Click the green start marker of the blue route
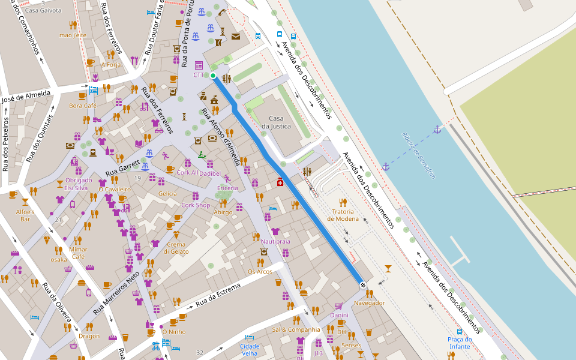pyautogui.click(x=213, y=75)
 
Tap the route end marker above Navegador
pyautogui.click(x=362, y=284)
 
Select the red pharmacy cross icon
pyautogui.click(x=280, y=182)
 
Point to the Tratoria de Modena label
pyautogui.click(x=343, y=215)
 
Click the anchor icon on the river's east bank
pyautogui.click(x=437, y=130)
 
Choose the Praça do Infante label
pyautogui.click(x=460, y=343)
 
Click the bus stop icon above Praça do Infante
pyautogui.click(x=460, y=331)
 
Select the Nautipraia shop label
pyautogui.click(x=275, y=241)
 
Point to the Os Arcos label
pyautogui.click(x=260, y=272)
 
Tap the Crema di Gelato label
pyautogui.click(x=176, y=248)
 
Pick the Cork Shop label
pyautogui.click(x=196, y=205)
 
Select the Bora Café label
pyautogui.click(x=83, y=106)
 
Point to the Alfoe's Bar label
pyautogui.click(x=25, y=215)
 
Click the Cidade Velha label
pyautogui.click(x=250, y=350)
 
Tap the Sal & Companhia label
pyautogui.click(x=296, y=329)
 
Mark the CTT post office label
pyautogui.click(x=199, y=75)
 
